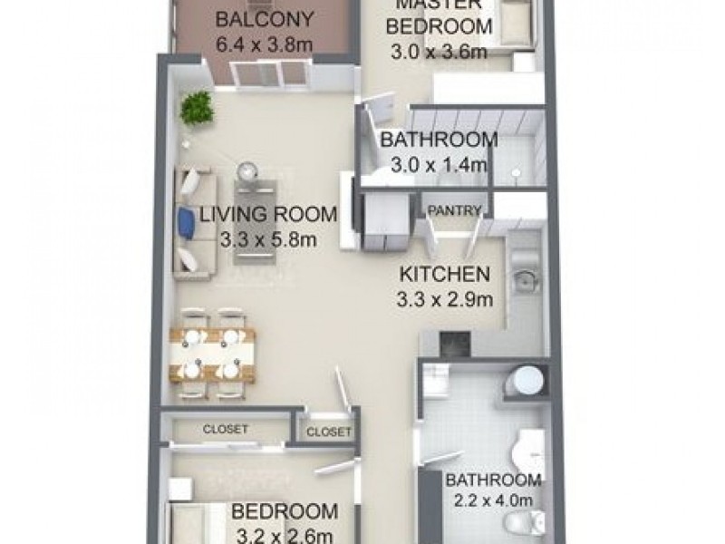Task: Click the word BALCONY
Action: point(253,19)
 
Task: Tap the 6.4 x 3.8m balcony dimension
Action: point(253,43)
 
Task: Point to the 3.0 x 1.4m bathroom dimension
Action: point(438,165)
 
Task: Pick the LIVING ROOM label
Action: point(268,215)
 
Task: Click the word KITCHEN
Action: point(445,274)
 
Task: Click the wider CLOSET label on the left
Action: point(225,429)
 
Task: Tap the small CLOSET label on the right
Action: point(328,432)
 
